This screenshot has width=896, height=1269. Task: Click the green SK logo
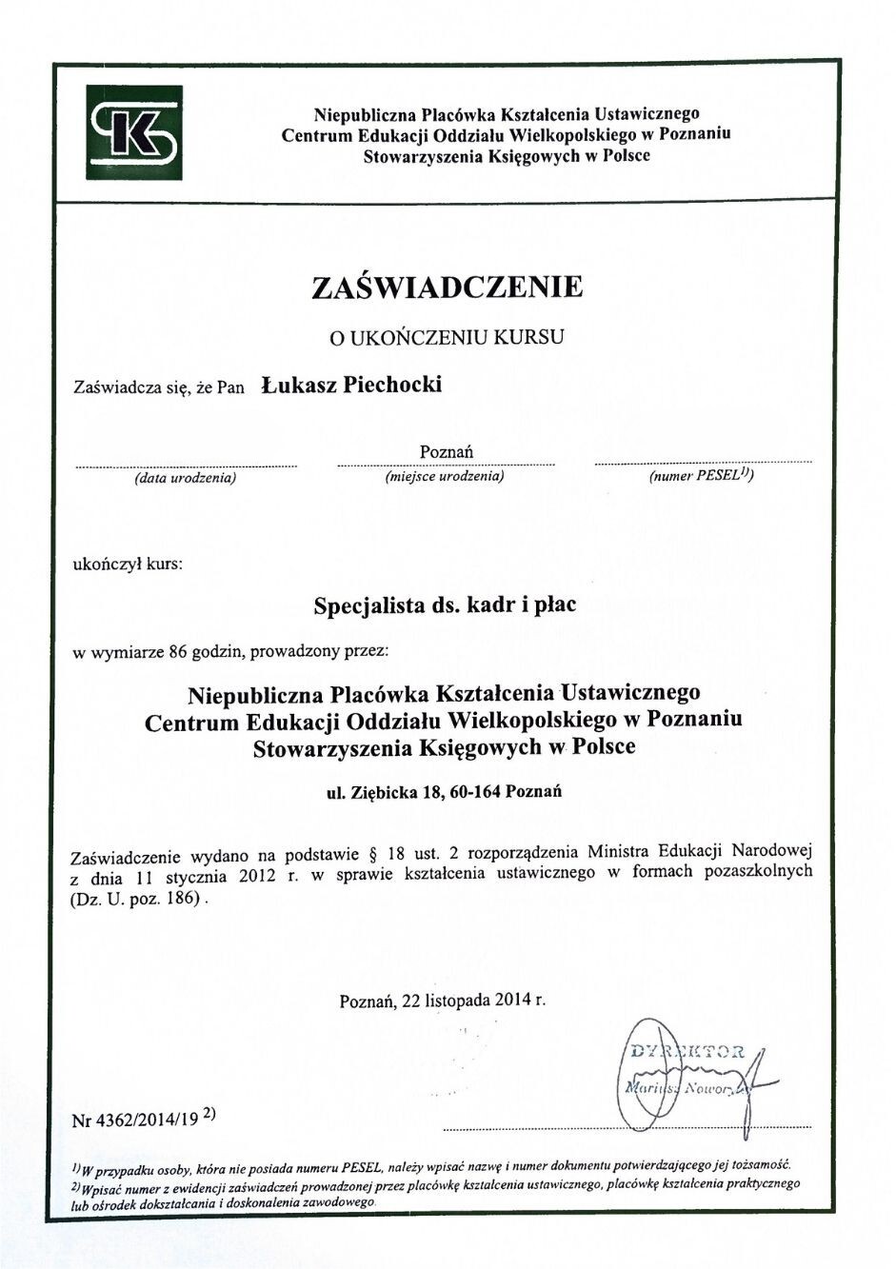coord(134,131)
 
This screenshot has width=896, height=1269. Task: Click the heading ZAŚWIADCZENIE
coord(447,287)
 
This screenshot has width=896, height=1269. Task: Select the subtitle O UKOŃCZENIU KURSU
coord(447,337)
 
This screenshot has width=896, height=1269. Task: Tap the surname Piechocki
coord(391,385)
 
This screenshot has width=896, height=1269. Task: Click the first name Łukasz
coord(298,385)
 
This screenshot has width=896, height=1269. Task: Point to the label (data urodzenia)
coord(186,478)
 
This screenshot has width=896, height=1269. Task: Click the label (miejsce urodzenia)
coord(445,476)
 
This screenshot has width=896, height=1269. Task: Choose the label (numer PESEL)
coord(701,476)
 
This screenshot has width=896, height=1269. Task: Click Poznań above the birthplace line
coord(446,451)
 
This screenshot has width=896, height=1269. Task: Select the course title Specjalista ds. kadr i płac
coord(445,605)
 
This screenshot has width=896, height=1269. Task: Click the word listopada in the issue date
coord(458,1001)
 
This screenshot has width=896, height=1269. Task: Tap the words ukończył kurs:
coord(128,564)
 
